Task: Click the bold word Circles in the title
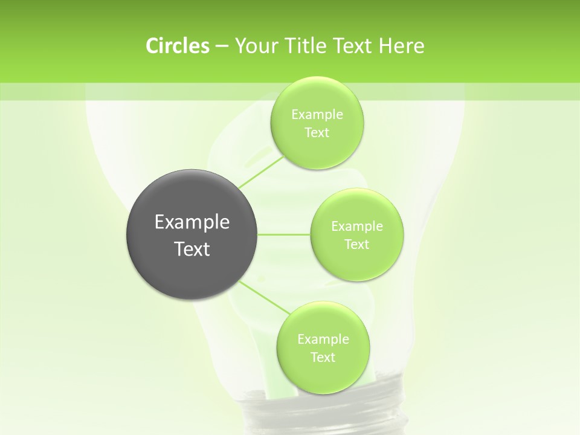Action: tap(177, 46)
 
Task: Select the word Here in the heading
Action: tap(401, 46)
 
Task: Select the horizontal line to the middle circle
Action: tap(284, 234)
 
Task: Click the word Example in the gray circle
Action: tap(192, 222)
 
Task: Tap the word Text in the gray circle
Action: tap(192, 249)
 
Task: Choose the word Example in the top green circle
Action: tap(317, 115)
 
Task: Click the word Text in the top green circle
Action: tap(317, 133)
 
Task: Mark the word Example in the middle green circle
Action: tap(357, 227)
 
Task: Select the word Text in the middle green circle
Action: tap(356, 245)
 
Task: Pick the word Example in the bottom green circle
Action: tap(323, 340)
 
